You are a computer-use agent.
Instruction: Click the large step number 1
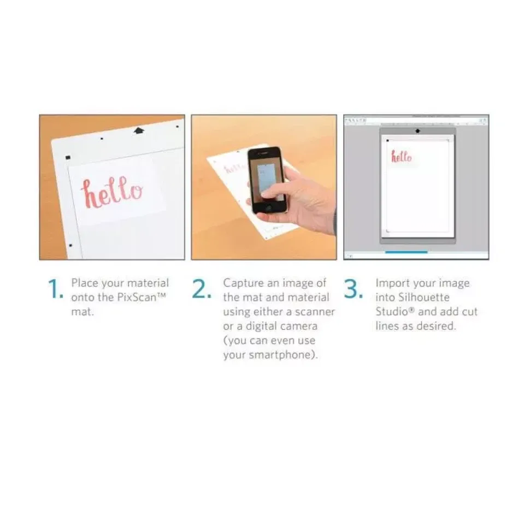(55, 289)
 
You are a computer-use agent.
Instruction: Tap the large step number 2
(202, 289)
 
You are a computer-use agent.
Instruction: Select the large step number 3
(354, 289)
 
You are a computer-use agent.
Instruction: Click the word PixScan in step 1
(137, 297)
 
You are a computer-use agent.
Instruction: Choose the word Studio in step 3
(392, 312)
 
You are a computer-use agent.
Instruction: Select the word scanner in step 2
(315, 312)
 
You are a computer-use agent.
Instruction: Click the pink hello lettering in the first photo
(111, 192)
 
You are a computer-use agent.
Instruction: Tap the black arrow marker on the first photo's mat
(139, 130)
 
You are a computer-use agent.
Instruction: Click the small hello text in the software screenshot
(402, 157)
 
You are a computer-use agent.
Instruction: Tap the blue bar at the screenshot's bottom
(406, 252)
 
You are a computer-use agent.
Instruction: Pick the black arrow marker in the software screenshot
(417, 131)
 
